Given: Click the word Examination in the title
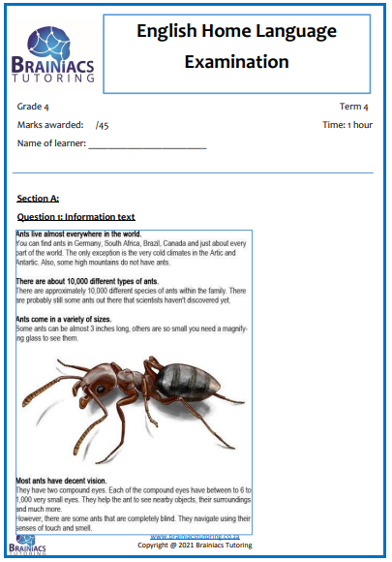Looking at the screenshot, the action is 236,62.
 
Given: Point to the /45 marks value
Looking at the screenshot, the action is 102,125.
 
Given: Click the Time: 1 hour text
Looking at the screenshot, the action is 347,125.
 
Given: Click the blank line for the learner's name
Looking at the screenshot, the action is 147,145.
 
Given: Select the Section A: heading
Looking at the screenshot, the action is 38,198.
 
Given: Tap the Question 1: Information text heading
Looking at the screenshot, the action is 76,216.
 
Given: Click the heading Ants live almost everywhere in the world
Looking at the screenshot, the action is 79,234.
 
